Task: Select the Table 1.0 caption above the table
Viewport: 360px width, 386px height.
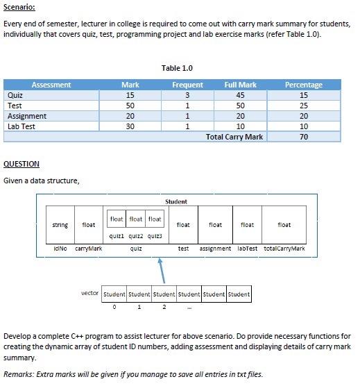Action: click(177, 68)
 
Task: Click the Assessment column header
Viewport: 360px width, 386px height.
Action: click(51, 85)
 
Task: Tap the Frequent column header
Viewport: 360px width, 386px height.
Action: click(187, 85)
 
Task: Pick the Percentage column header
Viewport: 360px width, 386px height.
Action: click(304, 85)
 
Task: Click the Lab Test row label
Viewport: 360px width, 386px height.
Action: click(22, 126)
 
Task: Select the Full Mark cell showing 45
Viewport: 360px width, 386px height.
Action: click(240, 95)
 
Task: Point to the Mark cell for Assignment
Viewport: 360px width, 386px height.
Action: click(130, 116)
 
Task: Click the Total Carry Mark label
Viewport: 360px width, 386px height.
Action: click(234, 137)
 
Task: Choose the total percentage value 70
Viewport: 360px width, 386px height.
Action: click(304, 137)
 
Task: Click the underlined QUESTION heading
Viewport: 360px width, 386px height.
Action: click(22, 164)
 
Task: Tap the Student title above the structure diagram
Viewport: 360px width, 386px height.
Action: click(176, 201)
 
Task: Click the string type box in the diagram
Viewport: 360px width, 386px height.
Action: click(60, 225)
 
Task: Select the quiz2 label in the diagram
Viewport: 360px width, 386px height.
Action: click(136, 235)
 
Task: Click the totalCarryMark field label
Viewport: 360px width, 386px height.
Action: click(284, 248)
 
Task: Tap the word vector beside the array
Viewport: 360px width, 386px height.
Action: click(90, 293)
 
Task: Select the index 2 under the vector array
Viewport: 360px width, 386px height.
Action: click(164, 306)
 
